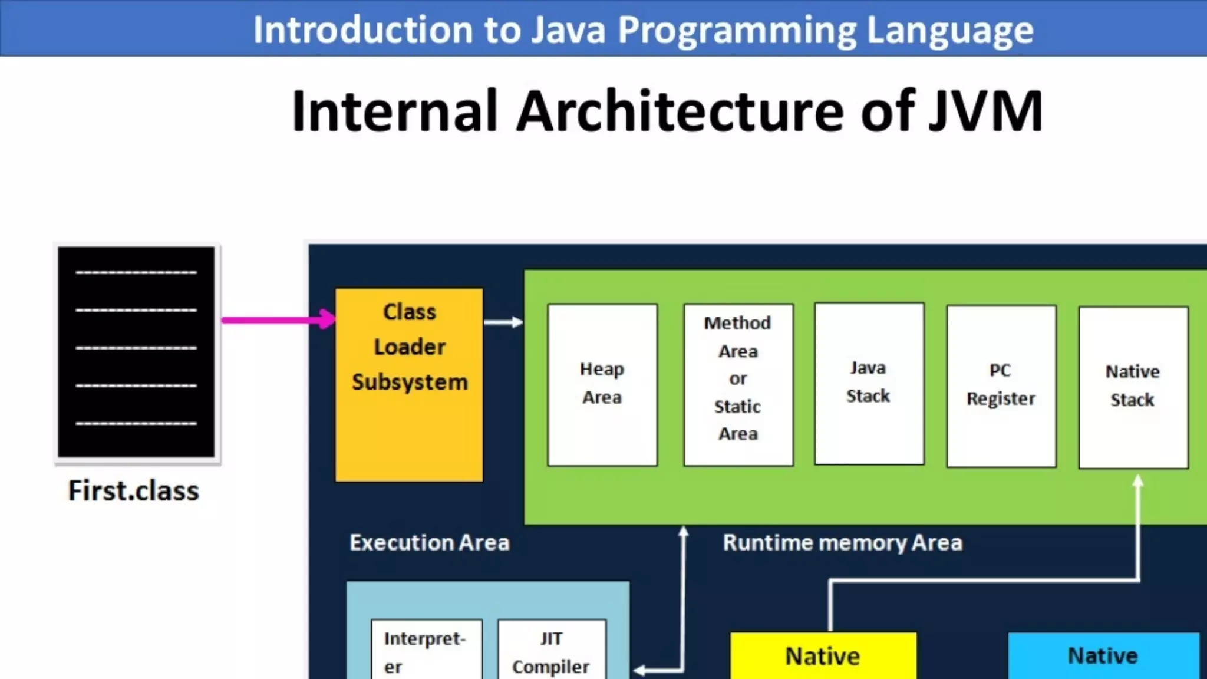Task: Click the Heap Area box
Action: [602, 384]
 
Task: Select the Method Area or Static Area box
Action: [738, 384]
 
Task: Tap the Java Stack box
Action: [869, 383]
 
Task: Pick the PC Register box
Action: [1001, 385]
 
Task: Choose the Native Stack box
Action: [1133, 387]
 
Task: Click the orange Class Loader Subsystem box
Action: [409, 384]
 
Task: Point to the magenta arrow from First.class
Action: [277, 320]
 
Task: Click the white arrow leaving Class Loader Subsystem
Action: [503, 322]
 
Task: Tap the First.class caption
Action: [134, 491]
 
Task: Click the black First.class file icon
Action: [136, 351]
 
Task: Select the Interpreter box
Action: [426, 651]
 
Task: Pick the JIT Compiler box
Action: [551, 651]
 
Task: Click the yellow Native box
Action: [823, 656]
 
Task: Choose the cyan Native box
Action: [1103, 656]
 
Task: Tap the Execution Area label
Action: [429, 542]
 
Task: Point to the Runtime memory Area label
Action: [842, 542]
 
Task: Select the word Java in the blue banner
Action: [568, 29]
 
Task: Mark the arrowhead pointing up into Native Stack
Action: [1138, 481]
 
